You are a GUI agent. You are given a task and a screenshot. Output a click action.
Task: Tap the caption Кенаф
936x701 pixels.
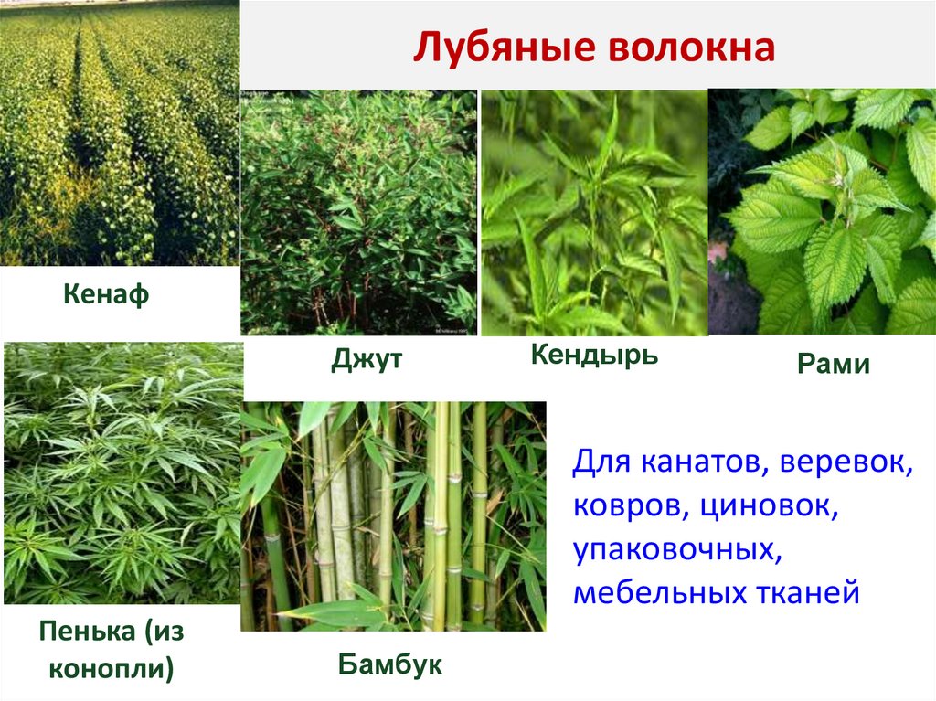(106, 296)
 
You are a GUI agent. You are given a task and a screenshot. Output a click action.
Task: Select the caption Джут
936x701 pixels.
(367, 362)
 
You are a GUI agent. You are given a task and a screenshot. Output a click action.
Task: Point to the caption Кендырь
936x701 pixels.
(594, 355)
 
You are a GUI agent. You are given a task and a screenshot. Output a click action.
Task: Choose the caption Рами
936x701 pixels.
(833, 366)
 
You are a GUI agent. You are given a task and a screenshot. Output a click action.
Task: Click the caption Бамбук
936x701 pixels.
(390, 664)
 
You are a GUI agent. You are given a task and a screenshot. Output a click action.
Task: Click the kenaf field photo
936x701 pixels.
(119, 133)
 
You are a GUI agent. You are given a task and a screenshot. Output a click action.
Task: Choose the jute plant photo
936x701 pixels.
(358, 212)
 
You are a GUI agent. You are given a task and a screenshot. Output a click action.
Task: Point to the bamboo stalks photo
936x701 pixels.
(393, 516)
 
